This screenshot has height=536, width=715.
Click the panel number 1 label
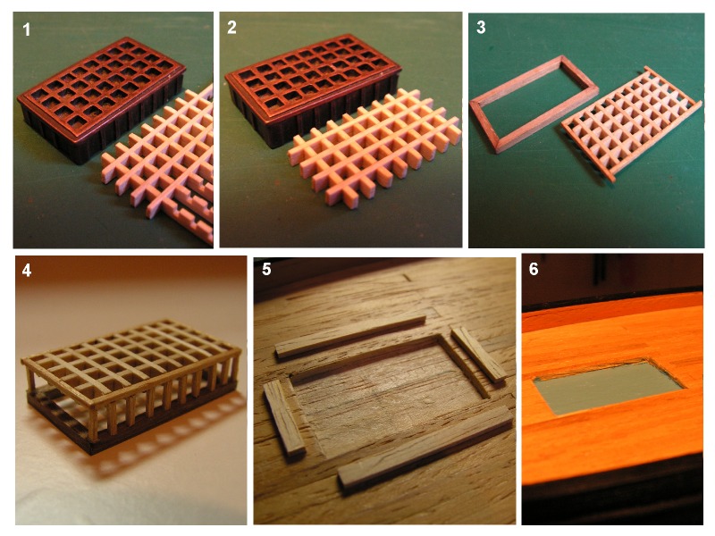coord(27,29)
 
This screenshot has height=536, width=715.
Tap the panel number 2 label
coord(231,28)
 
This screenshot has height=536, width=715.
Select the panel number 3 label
coord(481,28)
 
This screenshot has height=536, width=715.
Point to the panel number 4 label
coord(27,271)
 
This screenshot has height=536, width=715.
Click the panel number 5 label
coord(266,270)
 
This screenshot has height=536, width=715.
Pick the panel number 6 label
coord(534,269)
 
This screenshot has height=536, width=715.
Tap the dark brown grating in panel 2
coord(314,87)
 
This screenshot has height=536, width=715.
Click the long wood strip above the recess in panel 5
coord(350,337)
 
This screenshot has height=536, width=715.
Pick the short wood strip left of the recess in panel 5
coord(284,417)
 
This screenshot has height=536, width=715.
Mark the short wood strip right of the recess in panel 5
coord(479,355)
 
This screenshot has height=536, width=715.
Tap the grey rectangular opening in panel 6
coord(609,387)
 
